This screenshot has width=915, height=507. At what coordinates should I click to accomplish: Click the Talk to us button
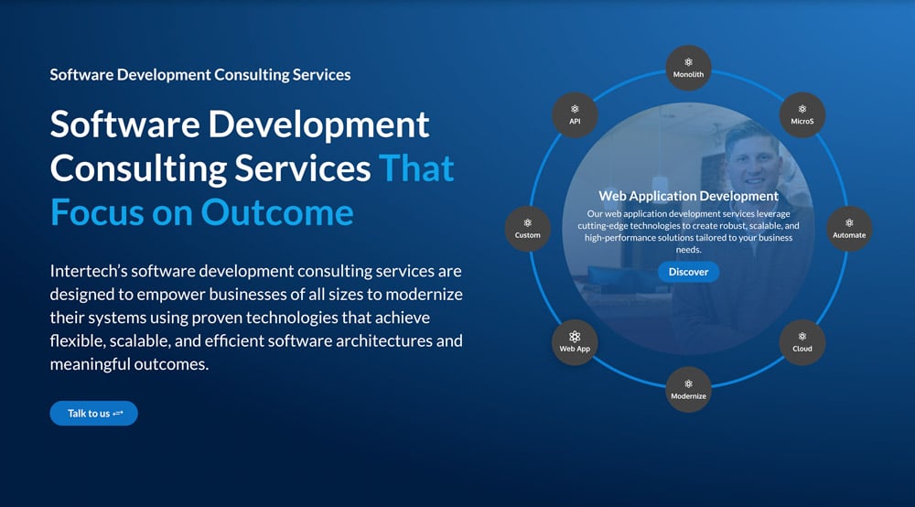tap(93, 414)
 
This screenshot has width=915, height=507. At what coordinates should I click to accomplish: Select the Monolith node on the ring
tap(688, 69)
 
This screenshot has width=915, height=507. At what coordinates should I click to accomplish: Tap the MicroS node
tap(802, 115)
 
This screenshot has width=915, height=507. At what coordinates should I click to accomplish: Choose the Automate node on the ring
tap(849, 229)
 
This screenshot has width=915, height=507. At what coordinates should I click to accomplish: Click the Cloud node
tap(802, 342)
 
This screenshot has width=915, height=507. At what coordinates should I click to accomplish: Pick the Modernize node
tap(688, 390)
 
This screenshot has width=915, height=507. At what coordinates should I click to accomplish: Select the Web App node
tap(575, 342)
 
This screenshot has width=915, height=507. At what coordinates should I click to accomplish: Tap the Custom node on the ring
tap(528, 229)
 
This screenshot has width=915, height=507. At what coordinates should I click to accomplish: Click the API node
tap(575, 115)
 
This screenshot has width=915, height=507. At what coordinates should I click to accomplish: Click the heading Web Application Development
tap(688, 196)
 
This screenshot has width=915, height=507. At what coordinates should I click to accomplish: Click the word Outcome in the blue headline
tap(277, 211)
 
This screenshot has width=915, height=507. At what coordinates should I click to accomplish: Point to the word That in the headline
tap(416, 168)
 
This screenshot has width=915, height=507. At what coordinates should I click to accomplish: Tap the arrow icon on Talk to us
tap(118, 414)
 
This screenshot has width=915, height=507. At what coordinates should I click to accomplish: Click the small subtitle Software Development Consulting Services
tap(200, 74)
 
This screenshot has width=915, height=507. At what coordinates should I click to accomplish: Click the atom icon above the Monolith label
tap(688, 62)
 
